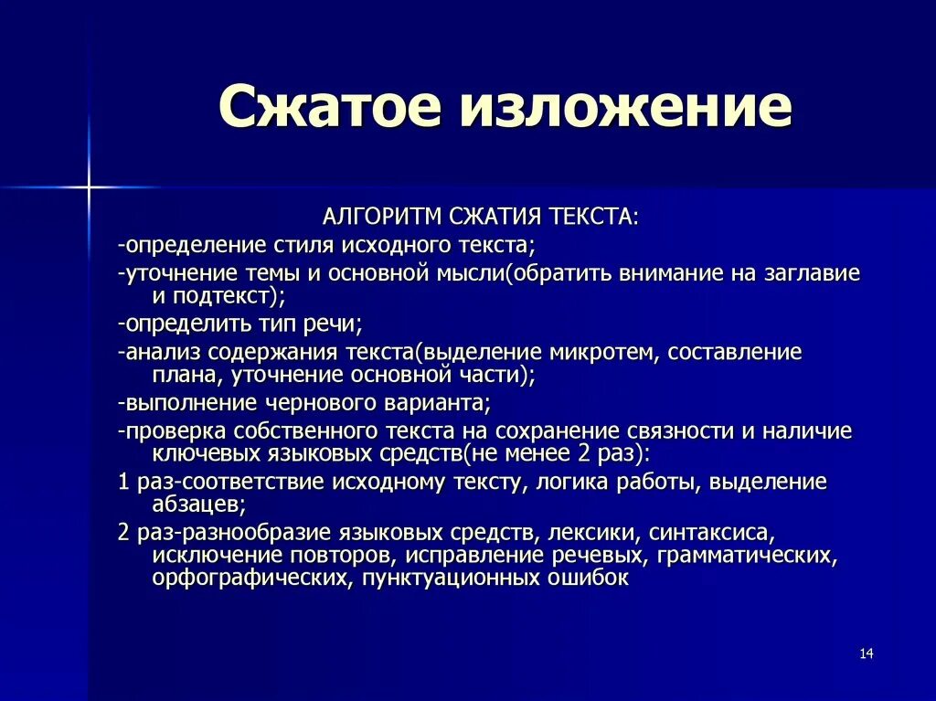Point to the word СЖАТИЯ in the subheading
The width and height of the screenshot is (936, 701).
495,217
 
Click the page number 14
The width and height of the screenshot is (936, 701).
867,653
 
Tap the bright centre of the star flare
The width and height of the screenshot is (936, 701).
89,187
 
